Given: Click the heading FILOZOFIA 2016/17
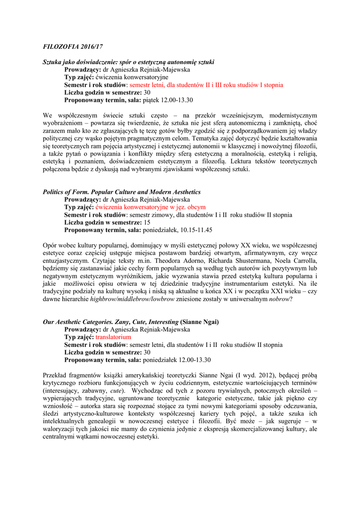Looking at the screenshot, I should tap(72, 46).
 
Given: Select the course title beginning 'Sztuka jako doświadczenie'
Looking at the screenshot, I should tap(129, 62).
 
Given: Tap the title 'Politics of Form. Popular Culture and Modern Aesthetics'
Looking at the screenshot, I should tap(122, 192).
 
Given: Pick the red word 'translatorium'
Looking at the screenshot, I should tap(113, 337).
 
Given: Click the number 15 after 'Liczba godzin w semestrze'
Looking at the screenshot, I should tap(147, 222).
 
